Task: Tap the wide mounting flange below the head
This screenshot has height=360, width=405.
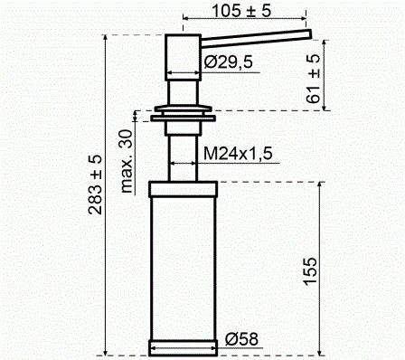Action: [x=184, y=115]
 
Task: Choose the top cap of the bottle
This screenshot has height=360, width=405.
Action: [x=184, y=189]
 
